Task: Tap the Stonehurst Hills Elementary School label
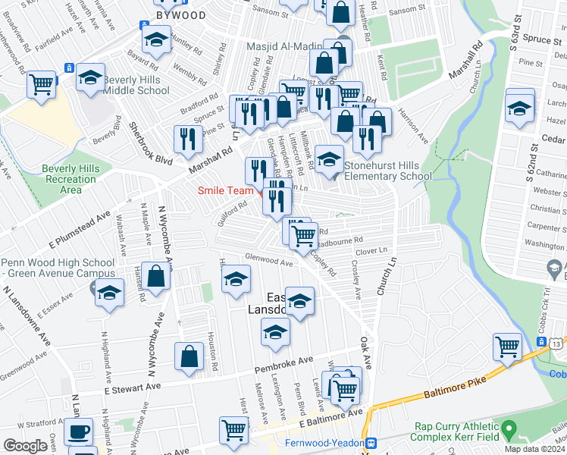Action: (x=387, y=171)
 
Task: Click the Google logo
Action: (x=25, y=445)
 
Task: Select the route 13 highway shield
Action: (x=557, y=343)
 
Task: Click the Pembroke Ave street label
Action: (x=284, y=365)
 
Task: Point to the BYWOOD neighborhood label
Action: (x=180, y=14)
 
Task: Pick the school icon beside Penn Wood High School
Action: (x=109, y=292)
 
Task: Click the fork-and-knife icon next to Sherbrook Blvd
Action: (x=186, y=139)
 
